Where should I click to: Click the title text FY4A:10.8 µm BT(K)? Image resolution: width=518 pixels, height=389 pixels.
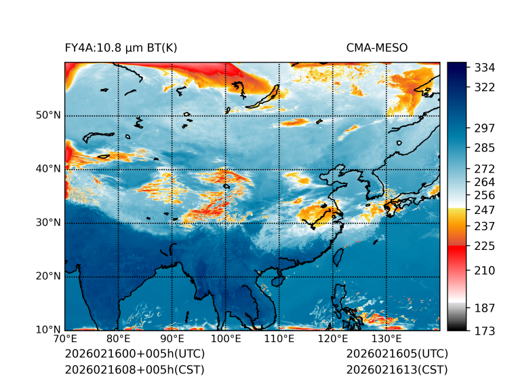pos(121,48)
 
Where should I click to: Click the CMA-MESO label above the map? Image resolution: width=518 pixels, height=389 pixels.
pos(376,48)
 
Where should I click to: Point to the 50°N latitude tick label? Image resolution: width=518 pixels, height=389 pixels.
pos(48,115)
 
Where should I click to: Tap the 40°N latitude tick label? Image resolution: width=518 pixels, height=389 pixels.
pos(48,169)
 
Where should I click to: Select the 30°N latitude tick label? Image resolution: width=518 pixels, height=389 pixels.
pos(48,223)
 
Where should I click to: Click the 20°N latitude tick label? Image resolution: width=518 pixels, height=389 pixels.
pos(48,276)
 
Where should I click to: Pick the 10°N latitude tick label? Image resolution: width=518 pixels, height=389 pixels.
pos(48,330)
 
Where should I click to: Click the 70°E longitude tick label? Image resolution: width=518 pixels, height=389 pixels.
pos(65,339)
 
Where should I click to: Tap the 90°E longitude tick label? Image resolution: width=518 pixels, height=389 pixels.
pos(172,339)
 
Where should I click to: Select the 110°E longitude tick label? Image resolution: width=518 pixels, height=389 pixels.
pos(279,339)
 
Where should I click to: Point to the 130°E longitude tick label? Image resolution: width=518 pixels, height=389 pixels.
pos(386,339)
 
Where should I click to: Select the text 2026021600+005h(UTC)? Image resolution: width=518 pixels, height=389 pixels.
pos(134,354)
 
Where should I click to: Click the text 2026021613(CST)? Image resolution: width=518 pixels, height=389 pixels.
pos(397,369)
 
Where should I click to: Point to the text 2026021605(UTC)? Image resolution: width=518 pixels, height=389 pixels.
pos(397,354)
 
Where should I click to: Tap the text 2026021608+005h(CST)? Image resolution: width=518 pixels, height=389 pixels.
pos(134,369)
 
